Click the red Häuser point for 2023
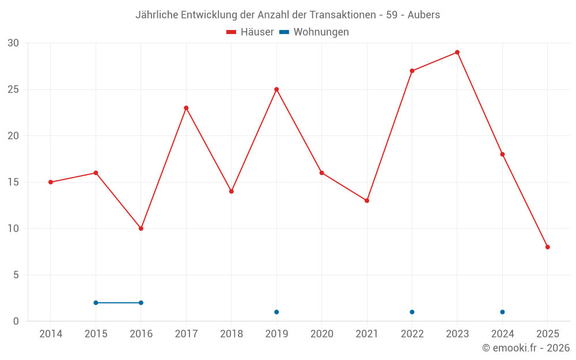coord(457,52)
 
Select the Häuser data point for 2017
coord(186,108)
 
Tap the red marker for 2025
coord(548,247)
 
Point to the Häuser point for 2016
coord(141,229)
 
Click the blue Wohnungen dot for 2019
coord(276,312)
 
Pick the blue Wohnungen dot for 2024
coord(502,312)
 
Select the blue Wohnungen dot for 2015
coord(96,303)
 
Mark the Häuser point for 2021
coord(367,200)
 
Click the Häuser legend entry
coord(250,32)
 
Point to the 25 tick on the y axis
coord(13,89)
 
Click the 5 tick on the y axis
coord(16,275)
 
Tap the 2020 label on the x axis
coord(321,334)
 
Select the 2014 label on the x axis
coord(51,334)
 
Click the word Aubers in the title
coord(423,15)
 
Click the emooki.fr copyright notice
coord(525,348)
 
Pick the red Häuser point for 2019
coord(276,89)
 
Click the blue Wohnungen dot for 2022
coord(412,312)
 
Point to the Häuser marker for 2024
coord(502,154)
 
